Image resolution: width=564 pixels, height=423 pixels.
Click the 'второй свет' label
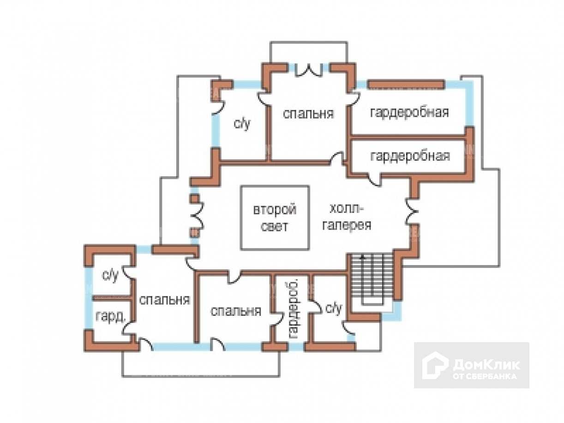[275, 218]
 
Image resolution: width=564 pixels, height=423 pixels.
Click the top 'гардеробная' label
[409, 112]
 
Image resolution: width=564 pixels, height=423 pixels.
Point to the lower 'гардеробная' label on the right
[410, 156]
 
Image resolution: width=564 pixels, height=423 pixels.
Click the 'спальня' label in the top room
[308, 113]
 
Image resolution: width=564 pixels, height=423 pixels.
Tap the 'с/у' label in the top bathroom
[242, 123]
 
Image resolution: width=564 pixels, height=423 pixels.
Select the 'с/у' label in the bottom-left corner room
[110, 276]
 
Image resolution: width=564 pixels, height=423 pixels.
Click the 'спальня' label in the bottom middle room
[235, 311]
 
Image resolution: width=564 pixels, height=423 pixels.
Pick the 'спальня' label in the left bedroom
[164, 299]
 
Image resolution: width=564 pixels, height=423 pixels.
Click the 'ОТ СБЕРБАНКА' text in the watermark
[485, 376]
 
